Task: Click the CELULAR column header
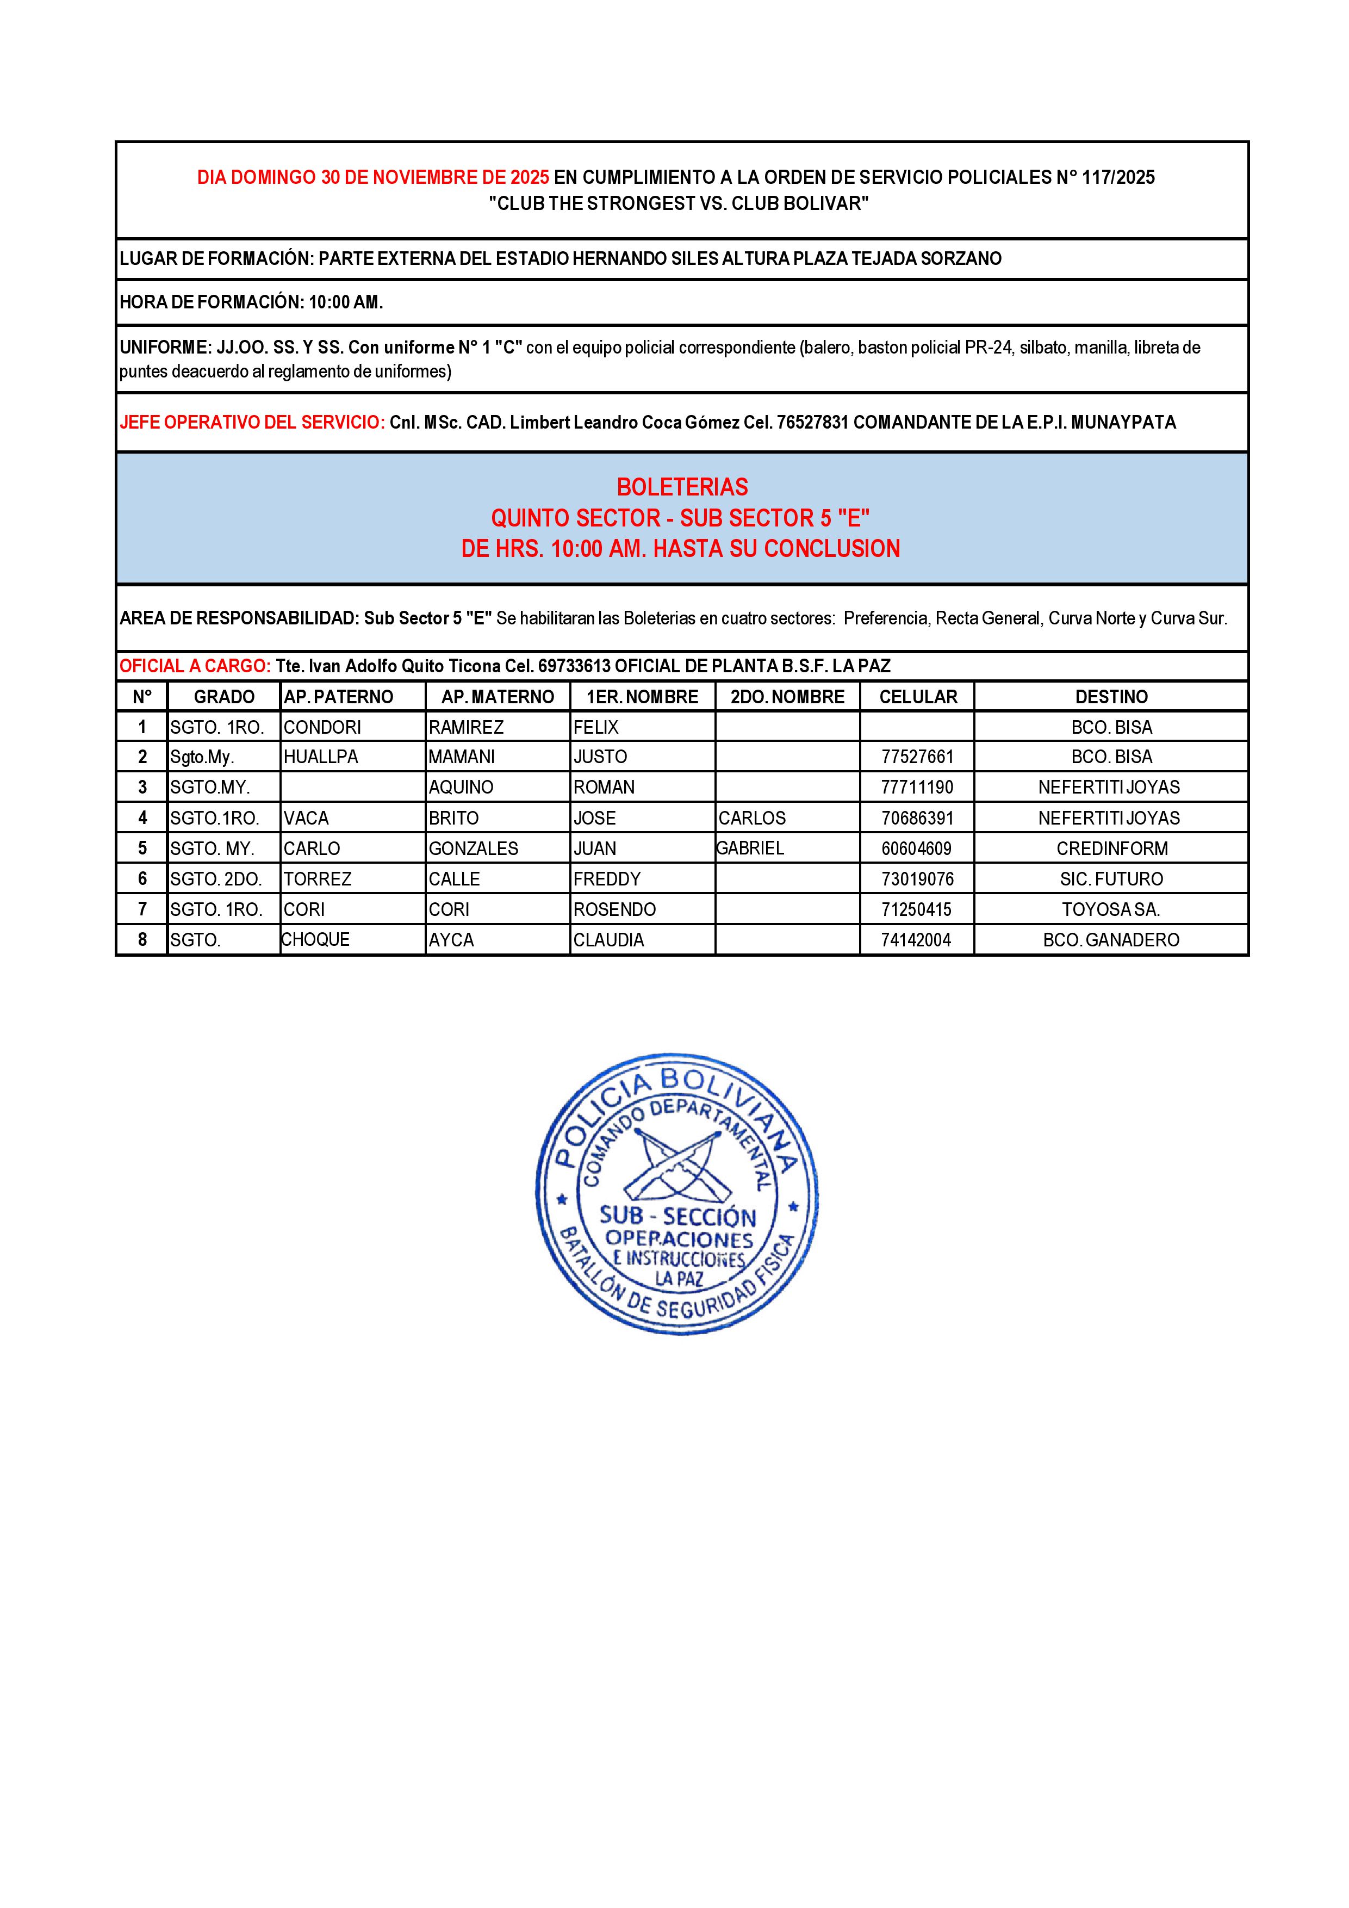(918, 696)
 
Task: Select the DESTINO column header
(1111, 696)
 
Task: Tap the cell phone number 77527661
(917, 757)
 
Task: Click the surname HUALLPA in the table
(315, 757)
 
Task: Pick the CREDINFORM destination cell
(1111, 848)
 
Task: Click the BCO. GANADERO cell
(1111, 940)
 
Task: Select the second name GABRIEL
(750, 847)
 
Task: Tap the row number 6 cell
(142, 879)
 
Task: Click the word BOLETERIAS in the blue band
(682, 487)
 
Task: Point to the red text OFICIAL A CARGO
(194, 666)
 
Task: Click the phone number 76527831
(812, 422)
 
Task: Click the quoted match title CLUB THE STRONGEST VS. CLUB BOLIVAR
(679, 203)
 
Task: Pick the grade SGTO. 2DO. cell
(216, 879)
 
